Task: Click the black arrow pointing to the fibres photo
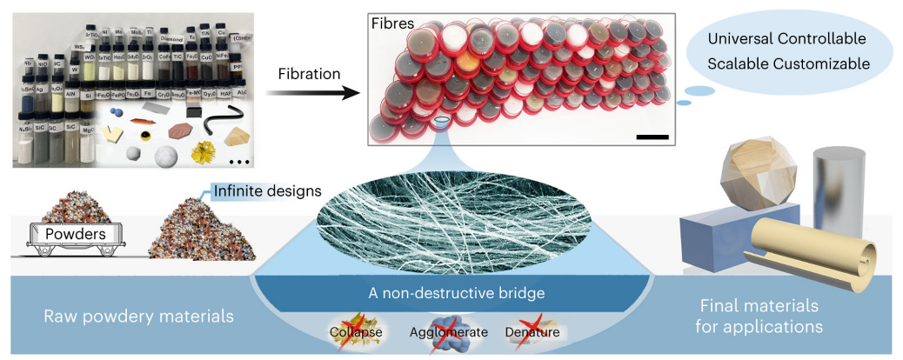coord(308,92)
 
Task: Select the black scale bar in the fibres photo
coord(652,137)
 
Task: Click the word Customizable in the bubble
coord(822,63)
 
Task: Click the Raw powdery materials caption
coord(138,317)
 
